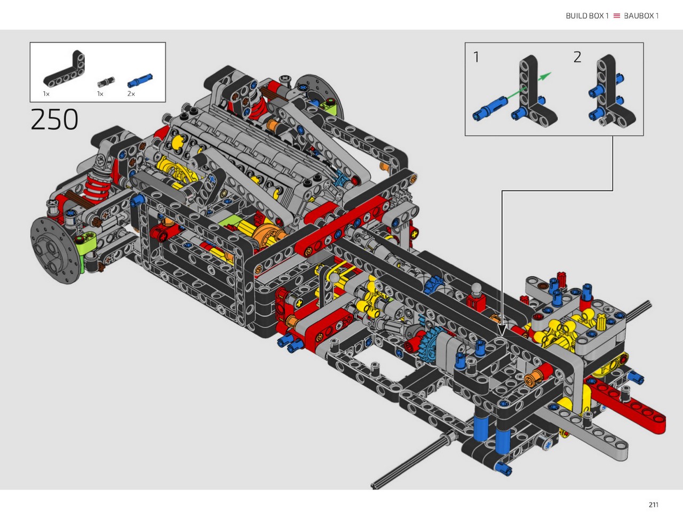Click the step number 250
54,119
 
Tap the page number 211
654,505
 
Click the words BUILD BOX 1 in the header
587,16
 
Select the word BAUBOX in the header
639,16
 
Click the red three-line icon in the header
616,16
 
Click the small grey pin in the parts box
106,82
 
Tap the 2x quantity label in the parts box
131,93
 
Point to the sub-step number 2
577,57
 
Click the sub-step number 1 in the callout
476,57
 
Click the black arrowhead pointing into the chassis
502,331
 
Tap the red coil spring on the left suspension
97,187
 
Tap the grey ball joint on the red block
476,288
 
